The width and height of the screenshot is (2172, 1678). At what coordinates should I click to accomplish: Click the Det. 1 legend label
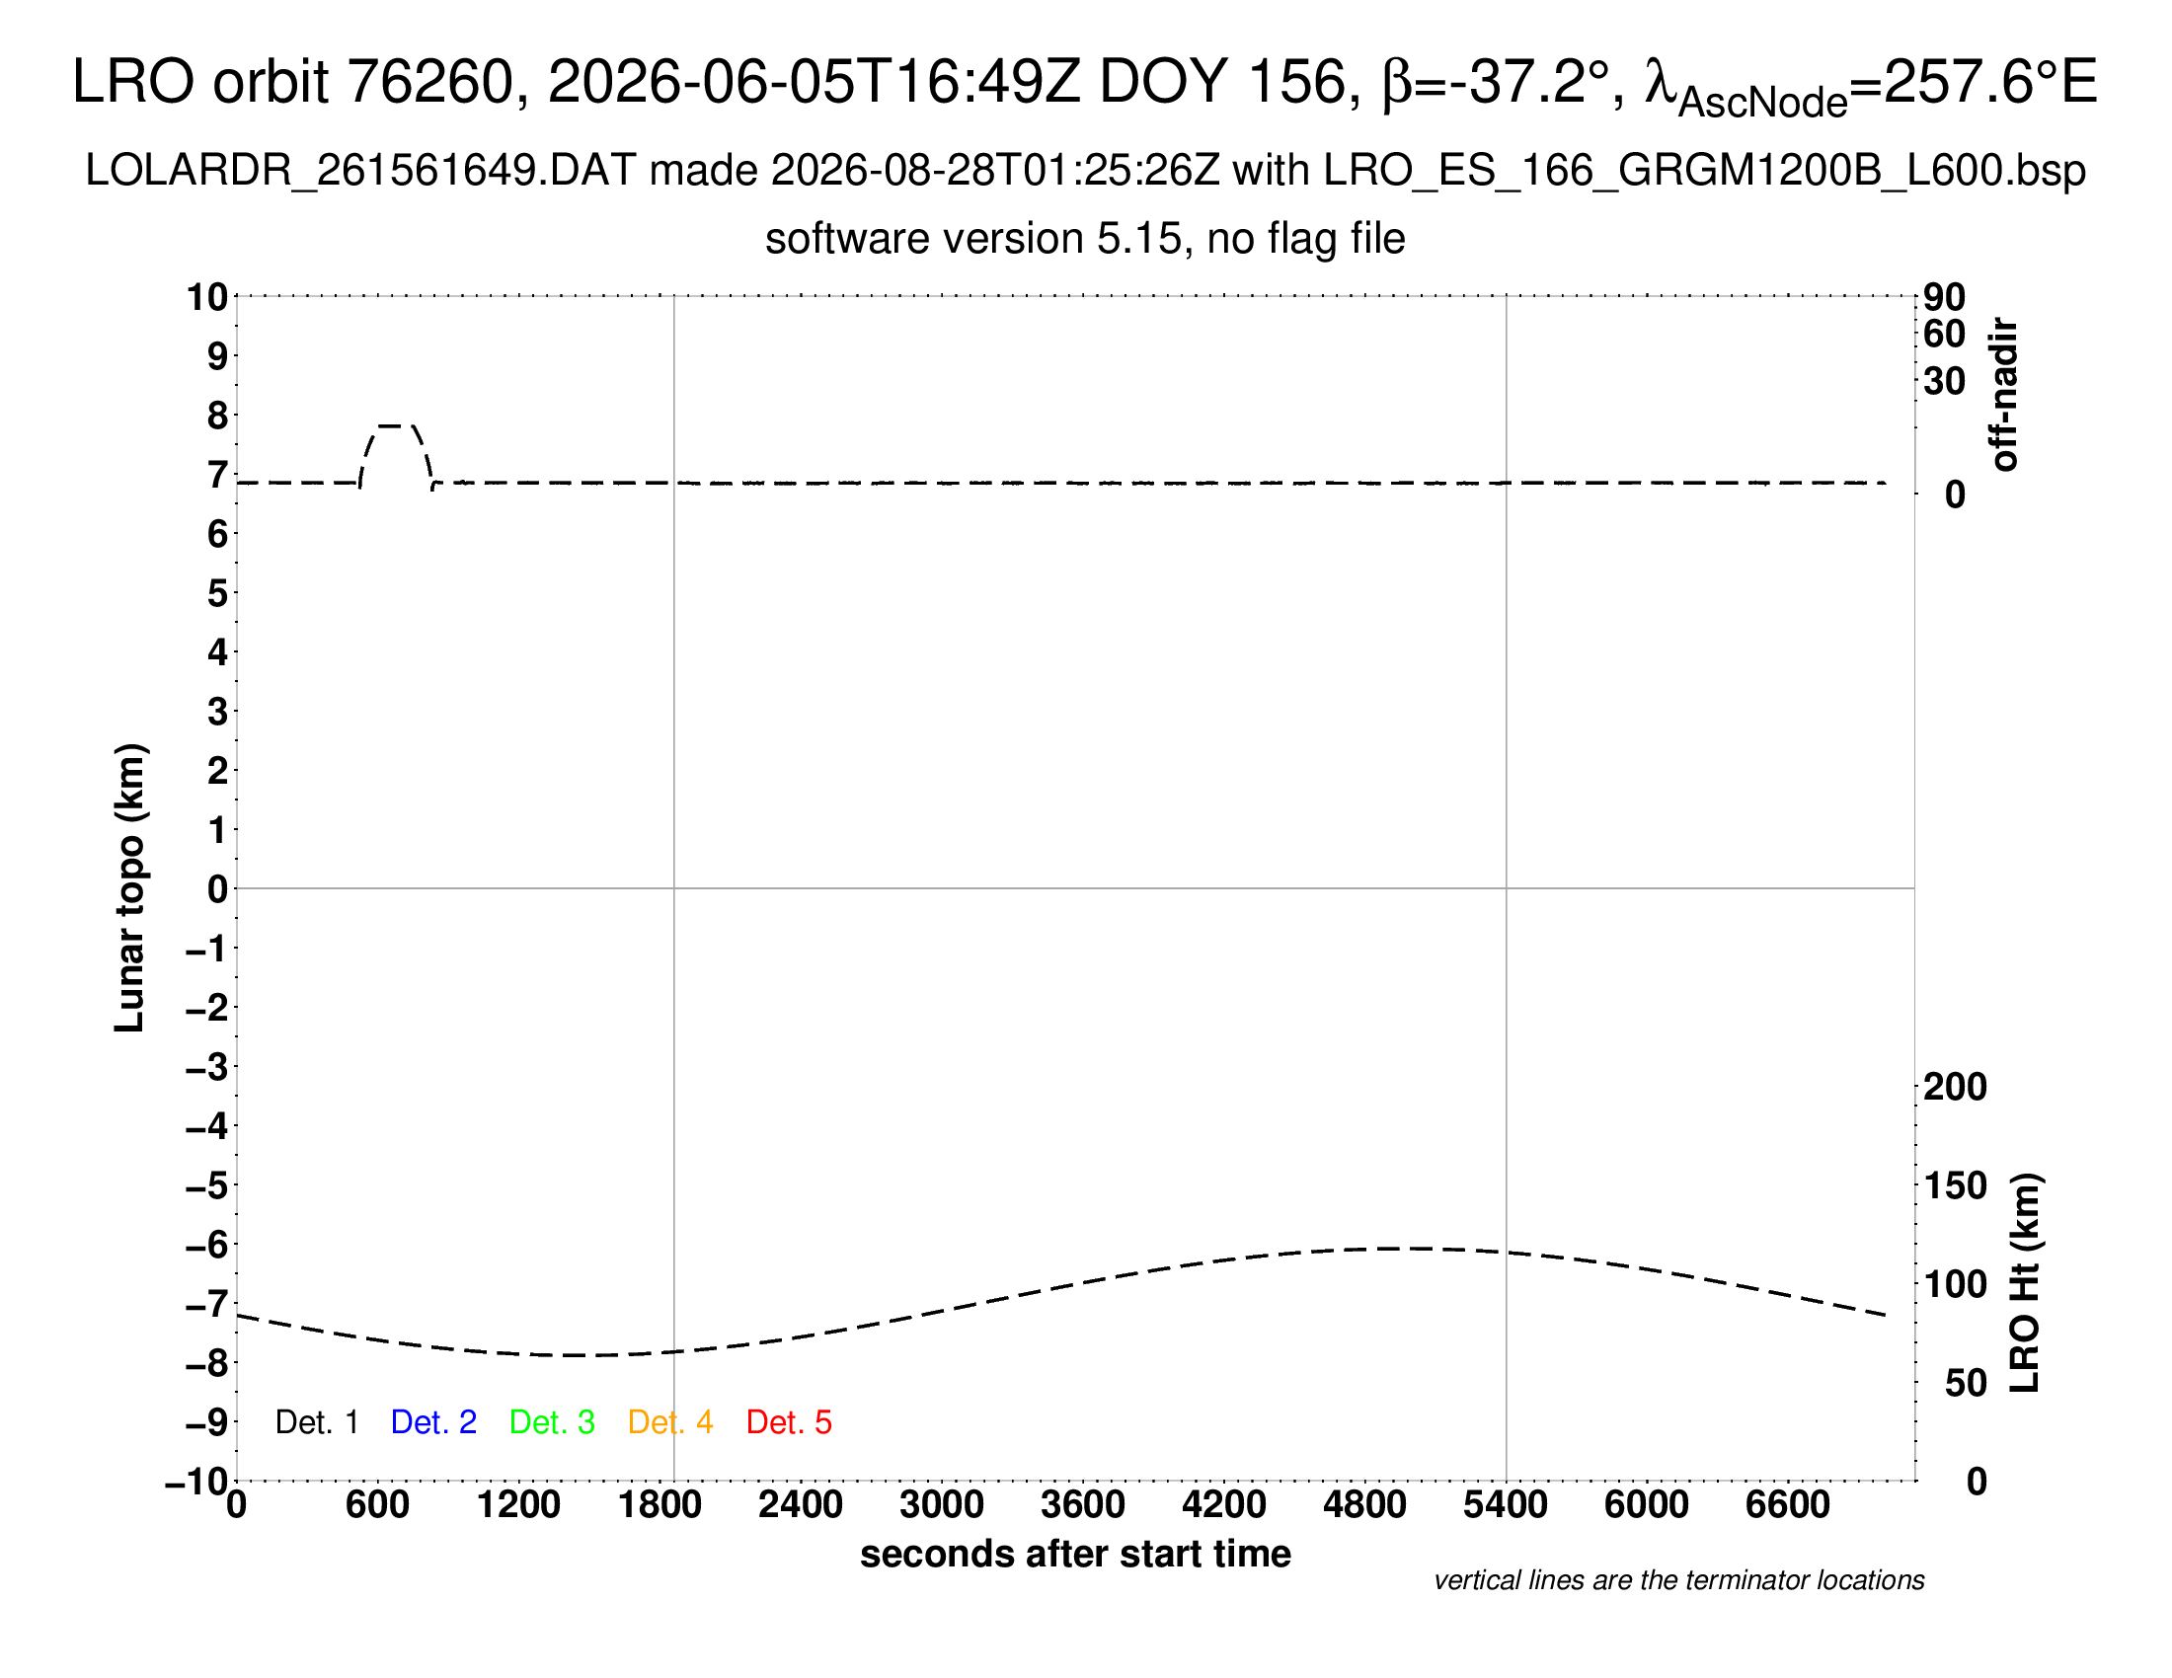coord(316,1422)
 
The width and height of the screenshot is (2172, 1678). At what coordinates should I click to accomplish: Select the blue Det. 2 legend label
coord(433,1422)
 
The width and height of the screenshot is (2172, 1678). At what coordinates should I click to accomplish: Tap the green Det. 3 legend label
coord(552,1422)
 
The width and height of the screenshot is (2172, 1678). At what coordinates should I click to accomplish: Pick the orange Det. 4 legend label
coord(670,1422)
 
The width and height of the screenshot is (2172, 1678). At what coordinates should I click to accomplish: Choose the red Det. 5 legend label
coord(789,1422)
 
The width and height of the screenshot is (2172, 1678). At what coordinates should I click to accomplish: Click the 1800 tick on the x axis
coord(659,1505)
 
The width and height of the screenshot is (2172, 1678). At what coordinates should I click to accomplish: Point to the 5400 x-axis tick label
coord(1505,1505)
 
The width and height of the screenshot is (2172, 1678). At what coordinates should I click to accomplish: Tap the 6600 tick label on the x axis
coord(1787,1505)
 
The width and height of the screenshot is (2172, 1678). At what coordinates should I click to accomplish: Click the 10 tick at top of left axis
coord(208,296)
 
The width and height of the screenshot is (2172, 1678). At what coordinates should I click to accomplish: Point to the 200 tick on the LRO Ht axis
coord(1955,1087)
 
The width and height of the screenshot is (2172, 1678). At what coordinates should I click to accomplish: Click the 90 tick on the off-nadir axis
coord(1944,296)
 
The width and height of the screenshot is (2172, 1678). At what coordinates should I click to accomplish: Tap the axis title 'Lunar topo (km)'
coord(130,887)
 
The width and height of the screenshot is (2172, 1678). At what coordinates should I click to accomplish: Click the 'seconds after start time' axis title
coord(1075,1554)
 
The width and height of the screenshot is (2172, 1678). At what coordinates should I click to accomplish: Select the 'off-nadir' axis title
coord(2004,395)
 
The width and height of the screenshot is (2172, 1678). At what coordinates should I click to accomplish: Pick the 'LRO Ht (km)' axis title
coord(2025,1282)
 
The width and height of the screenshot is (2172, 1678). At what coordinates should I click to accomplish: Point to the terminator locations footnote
coord(1678,1580)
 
